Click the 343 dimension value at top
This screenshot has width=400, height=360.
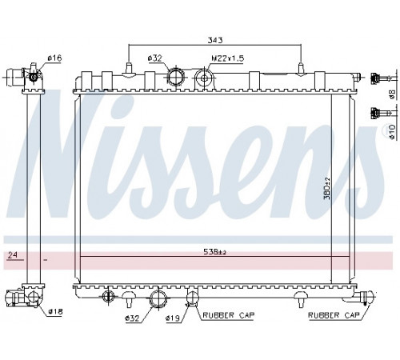click(x=215, y=40)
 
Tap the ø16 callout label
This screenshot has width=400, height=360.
click(x=54, y=58)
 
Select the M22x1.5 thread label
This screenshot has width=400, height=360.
click(x=227, y=58)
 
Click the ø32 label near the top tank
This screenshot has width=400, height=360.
click(x=154, y=58)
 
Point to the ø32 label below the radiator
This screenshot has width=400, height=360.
click(x=132, y=318)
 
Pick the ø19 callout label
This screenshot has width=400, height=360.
click(x=173, y=318)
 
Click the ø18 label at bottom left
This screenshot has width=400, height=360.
click(x=55, y=311)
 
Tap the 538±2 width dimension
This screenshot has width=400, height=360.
click(x=214, y=252)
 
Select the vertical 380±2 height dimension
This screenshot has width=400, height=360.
click(x=327, y=189)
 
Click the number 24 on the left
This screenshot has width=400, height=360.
click(x=12, y=255)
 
